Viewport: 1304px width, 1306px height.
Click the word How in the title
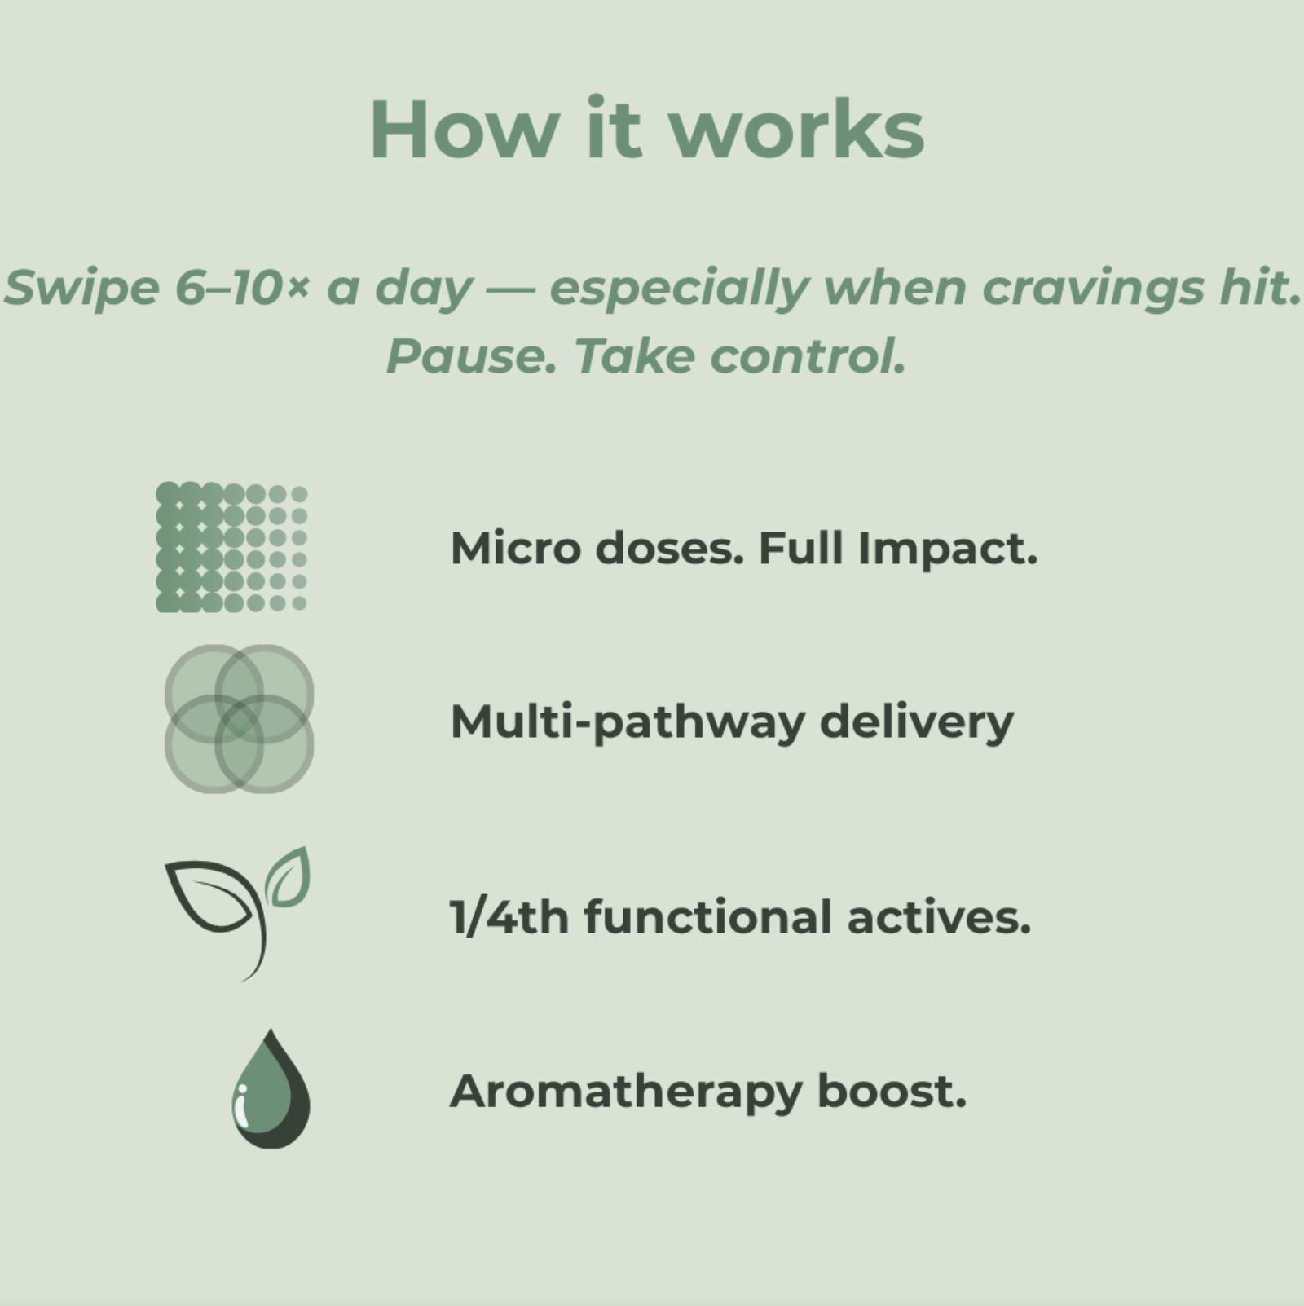[x=464, y=130]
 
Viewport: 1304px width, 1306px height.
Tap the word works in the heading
[x=797, y=130]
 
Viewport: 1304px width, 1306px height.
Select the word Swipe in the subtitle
[x=81, y=289]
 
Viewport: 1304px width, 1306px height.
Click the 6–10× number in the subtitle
[x=243, y=288]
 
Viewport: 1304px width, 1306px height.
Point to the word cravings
[x=1093, y=289]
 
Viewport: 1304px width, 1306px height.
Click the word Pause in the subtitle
[x=471, y=357]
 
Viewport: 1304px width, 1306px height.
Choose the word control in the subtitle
[x=808, y=357]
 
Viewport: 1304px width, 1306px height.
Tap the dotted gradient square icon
[x=231, y=546]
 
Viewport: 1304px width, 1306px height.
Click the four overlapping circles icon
[x=239, y=718]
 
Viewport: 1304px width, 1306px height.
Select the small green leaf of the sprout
[x=289, y=877]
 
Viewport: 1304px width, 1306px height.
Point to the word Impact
[x=948, y=549]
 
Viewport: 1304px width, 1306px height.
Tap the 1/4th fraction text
[x=509, y=917]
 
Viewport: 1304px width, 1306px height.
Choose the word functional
[x=708, y=917]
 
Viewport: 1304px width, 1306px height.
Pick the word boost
[x=892, y=1091]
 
